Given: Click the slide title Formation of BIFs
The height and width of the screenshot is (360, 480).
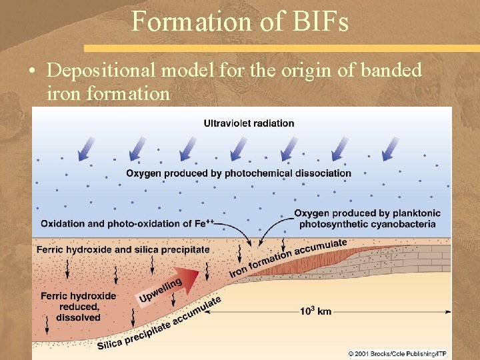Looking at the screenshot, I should coord(240,21).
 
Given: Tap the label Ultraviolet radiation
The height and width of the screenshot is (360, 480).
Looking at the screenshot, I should coord(249,123).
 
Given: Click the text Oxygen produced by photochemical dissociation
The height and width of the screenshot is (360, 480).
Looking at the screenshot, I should coord(239,173).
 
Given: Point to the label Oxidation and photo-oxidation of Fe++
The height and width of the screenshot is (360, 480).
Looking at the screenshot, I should coord(127,223).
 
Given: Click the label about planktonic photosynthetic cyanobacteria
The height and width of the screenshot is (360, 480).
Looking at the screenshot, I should coord(367,219).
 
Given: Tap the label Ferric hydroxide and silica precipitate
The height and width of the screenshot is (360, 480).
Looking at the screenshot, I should coord(123,249).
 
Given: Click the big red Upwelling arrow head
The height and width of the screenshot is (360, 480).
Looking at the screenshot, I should coord(189,275).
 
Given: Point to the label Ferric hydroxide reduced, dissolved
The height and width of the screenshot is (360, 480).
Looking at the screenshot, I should coord(78,307).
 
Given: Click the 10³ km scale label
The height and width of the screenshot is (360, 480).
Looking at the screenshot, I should coord(315,311).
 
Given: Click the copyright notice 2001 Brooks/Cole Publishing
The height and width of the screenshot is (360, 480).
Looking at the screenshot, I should coord(397,353).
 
